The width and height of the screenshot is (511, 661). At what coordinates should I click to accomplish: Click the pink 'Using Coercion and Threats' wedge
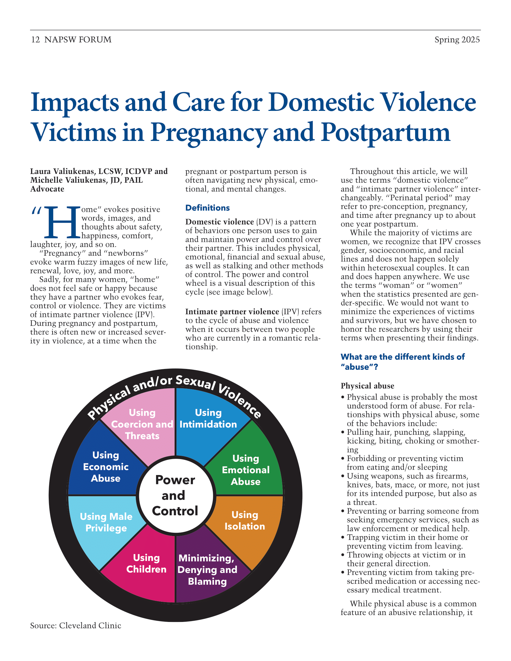click(x=142, y=424)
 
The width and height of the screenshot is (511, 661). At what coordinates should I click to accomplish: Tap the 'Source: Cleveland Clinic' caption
click(x=76, y=626)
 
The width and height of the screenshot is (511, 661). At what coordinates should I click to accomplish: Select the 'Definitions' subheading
click(x=207, y=208)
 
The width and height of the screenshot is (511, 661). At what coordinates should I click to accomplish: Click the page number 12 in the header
click(x=35, y=40)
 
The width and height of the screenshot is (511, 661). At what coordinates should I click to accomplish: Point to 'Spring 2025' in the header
click(x=457, y=40)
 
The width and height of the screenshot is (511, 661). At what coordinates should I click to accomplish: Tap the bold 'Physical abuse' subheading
click(x=367, y=386)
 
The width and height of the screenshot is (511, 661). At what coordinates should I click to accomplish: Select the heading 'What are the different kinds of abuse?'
click(x=402, y=362)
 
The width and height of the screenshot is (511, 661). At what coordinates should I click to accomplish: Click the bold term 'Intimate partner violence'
click(x=232, y=312)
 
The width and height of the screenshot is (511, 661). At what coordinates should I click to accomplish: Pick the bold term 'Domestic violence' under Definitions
click(x=219, y=222)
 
